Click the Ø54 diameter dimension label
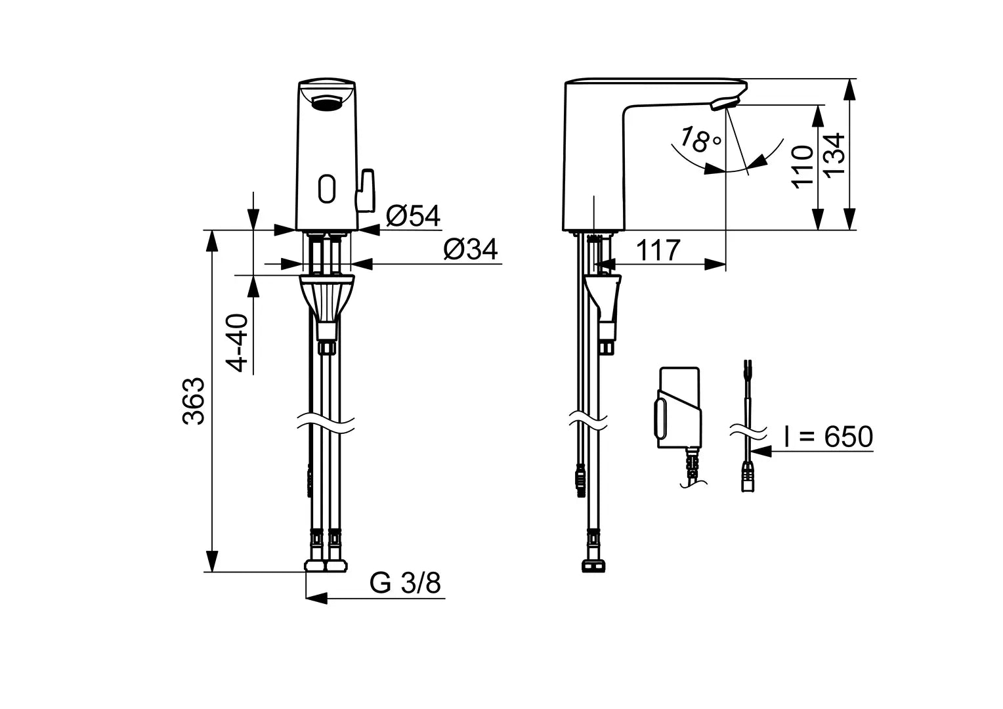[x=413, y=215]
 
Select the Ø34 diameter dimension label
[x=470, y=249]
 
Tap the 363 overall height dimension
[x=194, y=401]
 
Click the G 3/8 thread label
[x=405, y=582]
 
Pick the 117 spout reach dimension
[x=658, y=250]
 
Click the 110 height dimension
[x=802, y=167]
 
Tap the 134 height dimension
[x=834, y=155]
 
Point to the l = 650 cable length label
[x=828, y=437]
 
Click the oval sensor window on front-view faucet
[x=326, y=188]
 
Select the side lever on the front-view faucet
[x=365, y=190]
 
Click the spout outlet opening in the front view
[x=326, y=102]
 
